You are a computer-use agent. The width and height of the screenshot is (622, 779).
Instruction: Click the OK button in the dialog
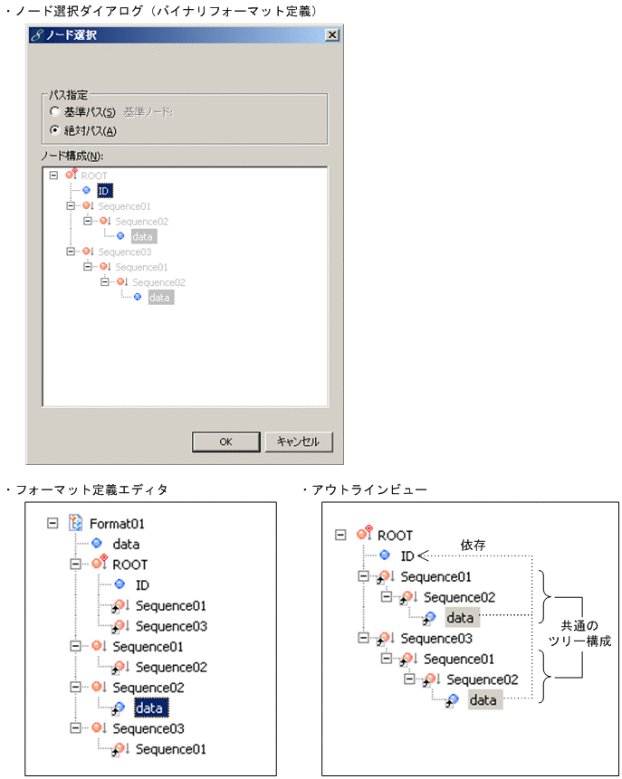click(225, 442)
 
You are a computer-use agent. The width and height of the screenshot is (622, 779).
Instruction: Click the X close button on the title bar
click(332, 34)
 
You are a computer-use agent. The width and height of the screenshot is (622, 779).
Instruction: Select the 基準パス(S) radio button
click(54, 112)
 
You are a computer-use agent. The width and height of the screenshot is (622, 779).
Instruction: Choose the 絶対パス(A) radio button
click(54, 130)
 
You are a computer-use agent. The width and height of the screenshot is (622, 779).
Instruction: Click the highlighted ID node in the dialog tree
click(104, 191)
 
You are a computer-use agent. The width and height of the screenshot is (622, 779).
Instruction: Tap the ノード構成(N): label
click(72, 155)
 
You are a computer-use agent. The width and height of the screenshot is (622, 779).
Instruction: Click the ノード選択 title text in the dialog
click(72, 35)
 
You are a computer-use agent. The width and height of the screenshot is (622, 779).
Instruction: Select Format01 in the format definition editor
click(117, 523)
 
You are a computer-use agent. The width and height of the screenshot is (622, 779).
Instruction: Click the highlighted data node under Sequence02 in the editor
click(148, 708)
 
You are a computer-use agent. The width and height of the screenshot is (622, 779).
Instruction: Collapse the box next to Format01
click(52, 523)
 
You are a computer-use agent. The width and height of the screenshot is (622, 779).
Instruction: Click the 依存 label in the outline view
click(474, 546)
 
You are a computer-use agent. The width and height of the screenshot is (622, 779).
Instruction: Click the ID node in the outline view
click(407, 556)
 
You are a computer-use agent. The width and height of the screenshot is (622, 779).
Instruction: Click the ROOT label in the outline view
click(395, 535)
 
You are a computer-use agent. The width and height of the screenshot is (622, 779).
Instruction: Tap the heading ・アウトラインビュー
click(362, 489)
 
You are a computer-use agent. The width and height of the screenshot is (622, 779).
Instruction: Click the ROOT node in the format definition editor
click(130, 565)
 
